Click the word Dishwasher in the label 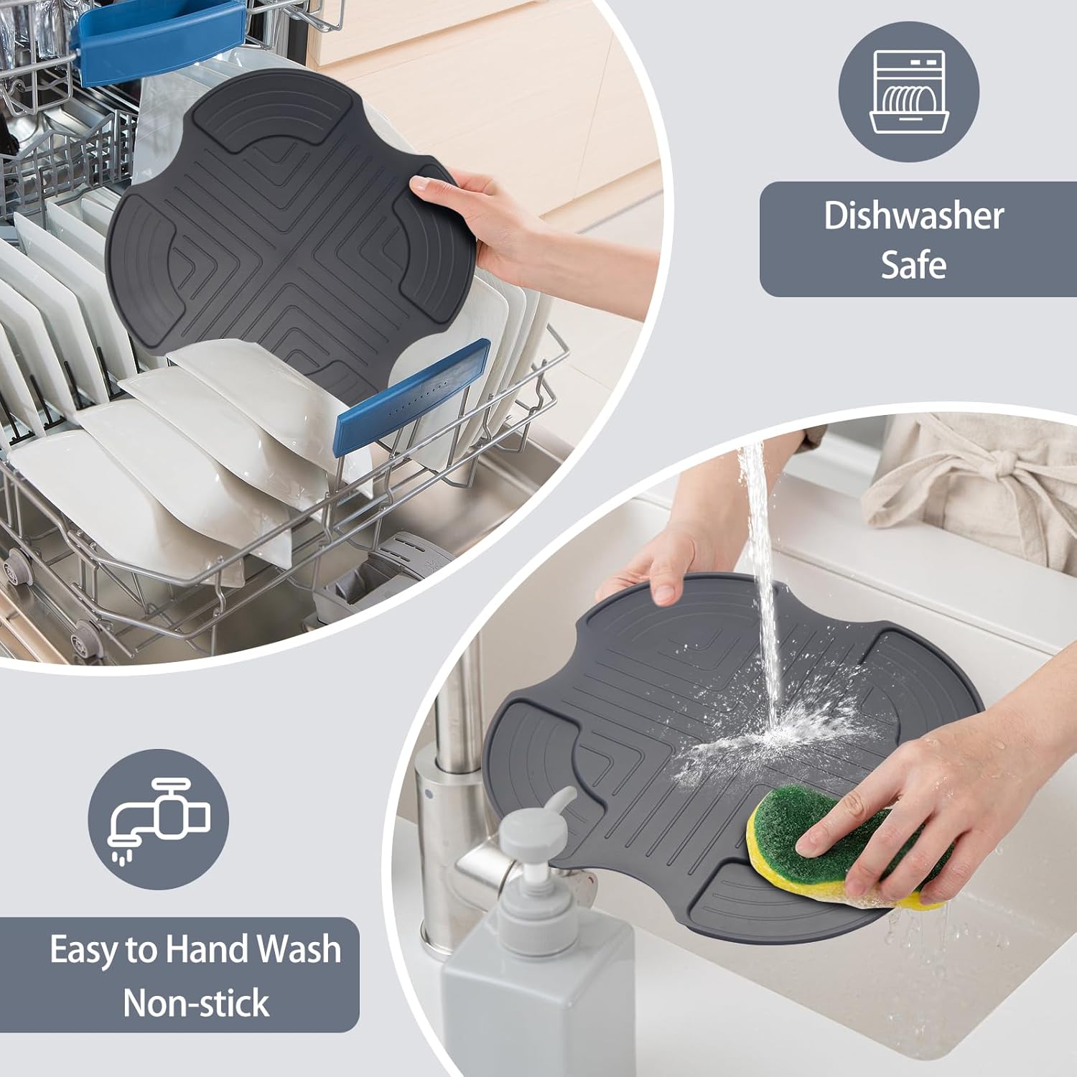913,215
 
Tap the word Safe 913,264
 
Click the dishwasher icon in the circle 909,91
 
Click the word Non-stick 196,1002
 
